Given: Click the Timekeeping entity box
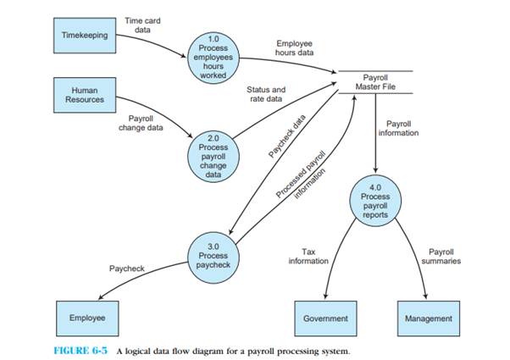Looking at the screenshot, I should point(84,36).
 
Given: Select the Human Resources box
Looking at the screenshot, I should point(84,93).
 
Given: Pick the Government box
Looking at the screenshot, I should point(325,318).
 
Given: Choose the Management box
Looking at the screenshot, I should point(429,318).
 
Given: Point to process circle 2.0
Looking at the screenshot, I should point(213,152).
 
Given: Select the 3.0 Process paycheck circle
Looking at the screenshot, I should point(213,255).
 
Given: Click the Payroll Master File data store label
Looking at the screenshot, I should point(380,80).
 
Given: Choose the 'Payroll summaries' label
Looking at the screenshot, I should point(445,257).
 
